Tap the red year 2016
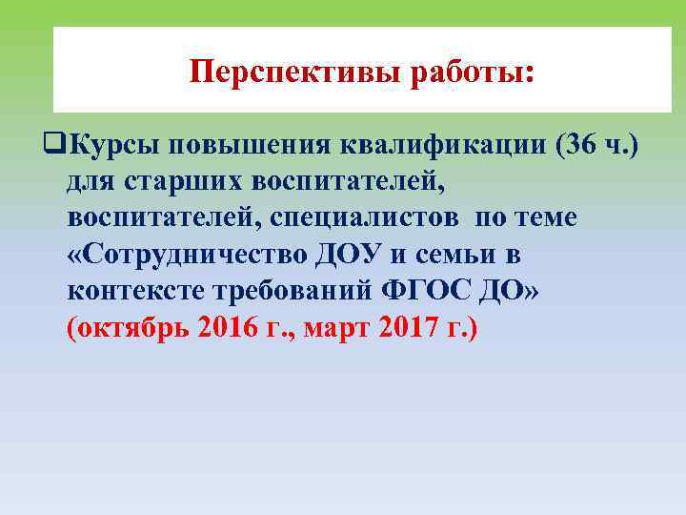pos(231,327)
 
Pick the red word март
pos(339,327)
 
